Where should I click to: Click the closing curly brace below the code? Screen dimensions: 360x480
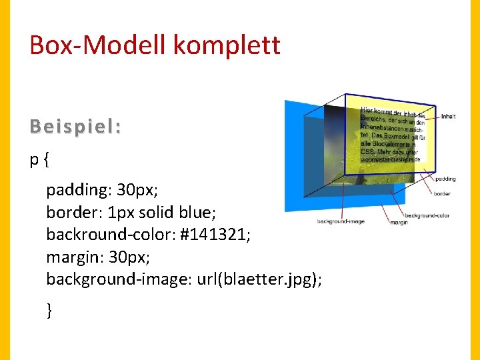pos(49,309)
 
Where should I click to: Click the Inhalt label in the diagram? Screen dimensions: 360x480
pos(448,117)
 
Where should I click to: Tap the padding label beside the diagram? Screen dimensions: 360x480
pos(445,179)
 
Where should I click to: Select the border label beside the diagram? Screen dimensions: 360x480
pos(442,194)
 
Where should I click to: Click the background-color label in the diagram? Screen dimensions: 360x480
pos(427,215)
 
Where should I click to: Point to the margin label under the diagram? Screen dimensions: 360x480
pos(399,222)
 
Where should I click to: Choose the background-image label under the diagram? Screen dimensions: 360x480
pos(341,221)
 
